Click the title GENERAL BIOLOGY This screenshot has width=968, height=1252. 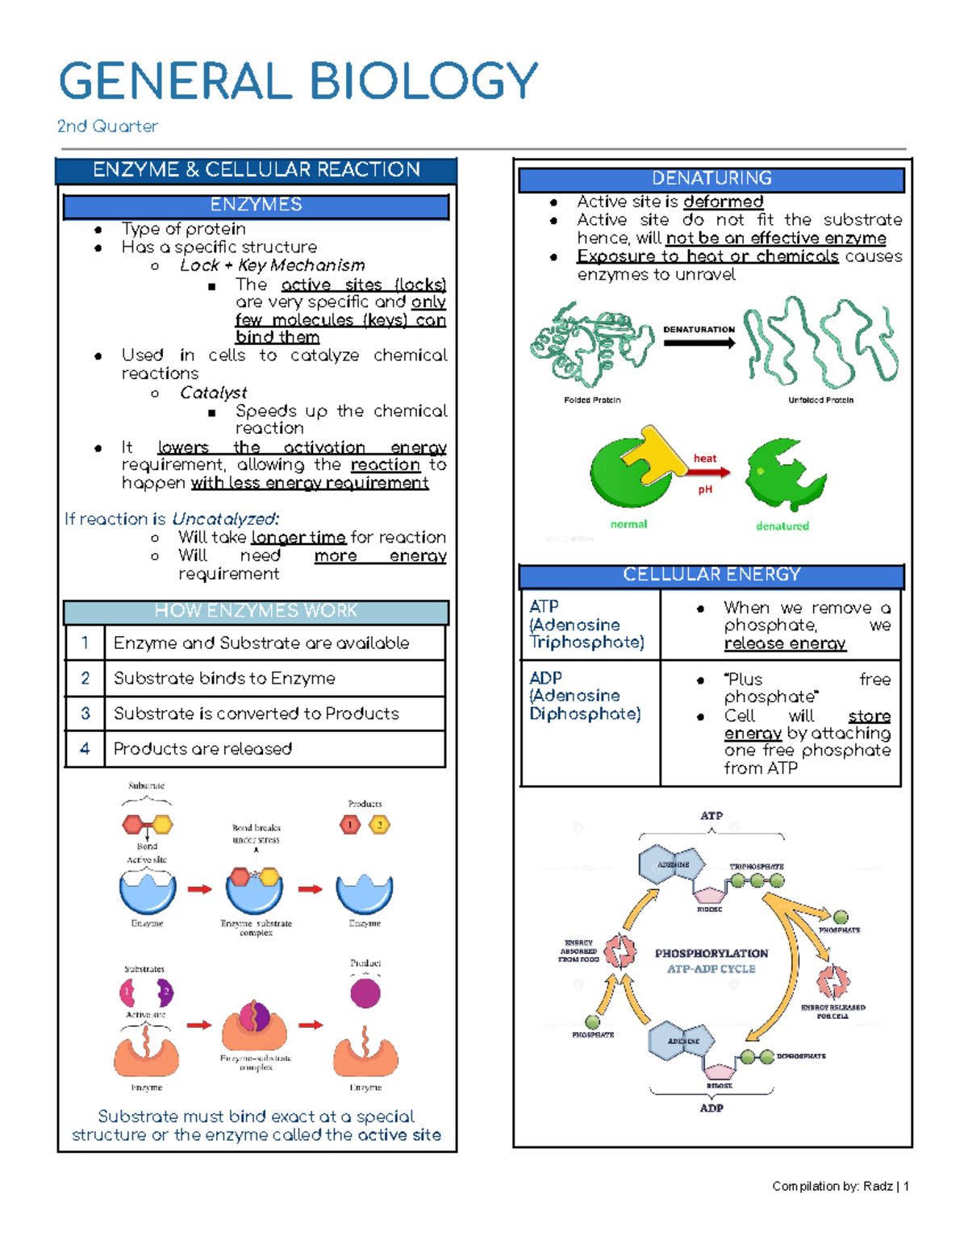pyautogui.click(x=298, y=81)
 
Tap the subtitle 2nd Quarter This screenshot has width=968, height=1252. pyautogui.click(x=107, y=127)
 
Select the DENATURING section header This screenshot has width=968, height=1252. pyautogui.click(x=711, y=178)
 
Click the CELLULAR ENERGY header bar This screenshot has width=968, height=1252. pyautogui.click(x=711, y=575)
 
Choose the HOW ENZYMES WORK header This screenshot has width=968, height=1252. pyautogui.click(x=256, y=611)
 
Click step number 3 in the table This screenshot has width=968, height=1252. pyautogui.click(x=85, y=713)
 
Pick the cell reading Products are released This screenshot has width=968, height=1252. pyautogui.click(x=202, y=749)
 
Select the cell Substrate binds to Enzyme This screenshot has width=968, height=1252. pyautogui.click(x=224, y=678)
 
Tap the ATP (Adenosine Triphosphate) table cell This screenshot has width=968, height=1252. pyautogui.click(x=587, y=624)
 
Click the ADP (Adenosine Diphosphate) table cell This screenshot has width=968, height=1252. pyautogui.click(x=586, y=696)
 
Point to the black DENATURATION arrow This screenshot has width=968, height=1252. pyautogui.click(x=699, y=343)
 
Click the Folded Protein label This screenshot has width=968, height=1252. pyautogui.click(x=592, y=400)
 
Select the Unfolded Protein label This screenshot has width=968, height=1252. pyautogui.click(x=820, y=400)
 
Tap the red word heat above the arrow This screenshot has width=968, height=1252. pyautogui.click(x=704, y=459)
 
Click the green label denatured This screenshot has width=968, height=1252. pyautogui.click(x=782, y=526)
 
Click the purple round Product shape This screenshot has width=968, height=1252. pyautogui.click(x=365, y=993)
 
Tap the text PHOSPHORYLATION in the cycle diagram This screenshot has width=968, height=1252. pyautogui.click(x=711, y=953)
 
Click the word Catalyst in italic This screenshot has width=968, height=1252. pyautogui.click(x=213, y=393)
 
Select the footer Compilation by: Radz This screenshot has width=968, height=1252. pyautogui.click(x=840, y=1186)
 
